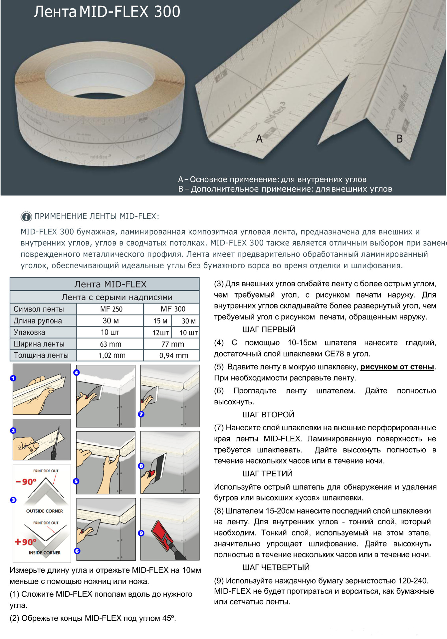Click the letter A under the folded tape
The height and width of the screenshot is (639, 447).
[259, 138]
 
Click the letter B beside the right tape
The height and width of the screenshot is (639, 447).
[400, 138]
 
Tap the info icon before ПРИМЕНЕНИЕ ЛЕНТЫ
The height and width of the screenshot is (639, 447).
[26, 216]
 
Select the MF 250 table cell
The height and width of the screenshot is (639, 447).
[111, 309]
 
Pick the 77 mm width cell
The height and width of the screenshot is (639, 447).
[172, 344]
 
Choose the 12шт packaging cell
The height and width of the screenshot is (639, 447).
[161, 332]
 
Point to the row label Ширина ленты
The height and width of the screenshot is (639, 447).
[39, 344]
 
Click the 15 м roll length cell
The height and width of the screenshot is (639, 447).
[160, 321]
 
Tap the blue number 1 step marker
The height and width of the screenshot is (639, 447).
[13, 378]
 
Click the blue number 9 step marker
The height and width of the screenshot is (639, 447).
[141, 533]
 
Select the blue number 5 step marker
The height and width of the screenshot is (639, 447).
[76, 481]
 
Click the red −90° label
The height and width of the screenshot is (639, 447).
[26, 482]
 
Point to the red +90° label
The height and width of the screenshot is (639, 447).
[25, 542]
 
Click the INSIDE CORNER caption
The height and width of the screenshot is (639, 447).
[45, 553]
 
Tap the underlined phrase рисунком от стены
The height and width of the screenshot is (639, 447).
[397, 367]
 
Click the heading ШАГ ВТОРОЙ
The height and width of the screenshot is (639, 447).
[268, 415]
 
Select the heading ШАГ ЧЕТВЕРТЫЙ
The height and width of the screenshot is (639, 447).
[276, 567]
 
